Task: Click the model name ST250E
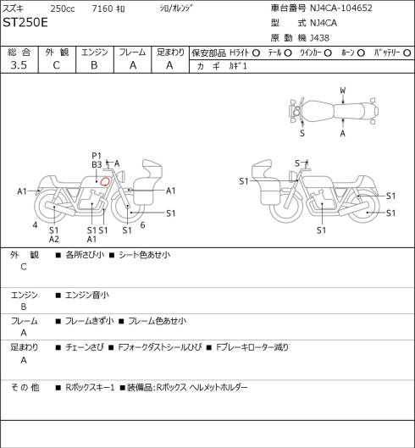tap(25, 23)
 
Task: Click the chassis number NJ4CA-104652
tap(341, 8)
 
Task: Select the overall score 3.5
tap(19, 65)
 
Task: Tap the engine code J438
tap(320, 38)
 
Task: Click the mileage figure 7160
tap(102, 8)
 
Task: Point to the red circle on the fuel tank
tap(105, 181)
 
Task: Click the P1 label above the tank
tap(97, 156)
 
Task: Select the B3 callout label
tap(97, 164)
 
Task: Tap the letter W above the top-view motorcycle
tap(343, 91)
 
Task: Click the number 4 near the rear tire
tap(35, 225)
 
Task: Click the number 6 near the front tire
tap(142, 225)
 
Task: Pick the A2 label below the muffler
tap(53, 239)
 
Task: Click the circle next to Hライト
tap(256, 53)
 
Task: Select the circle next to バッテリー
tap(407, 53)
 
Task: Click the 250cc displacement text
tap(63, 8)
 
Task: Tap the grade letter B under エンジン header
tap(94, 65)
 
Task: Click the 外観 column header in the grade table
tap(57, 53)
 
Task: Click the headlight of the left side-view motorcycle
tap(122, 175)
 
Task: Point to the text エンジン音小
tap(87, 295)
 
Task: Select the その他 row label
tap(25, 387)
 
